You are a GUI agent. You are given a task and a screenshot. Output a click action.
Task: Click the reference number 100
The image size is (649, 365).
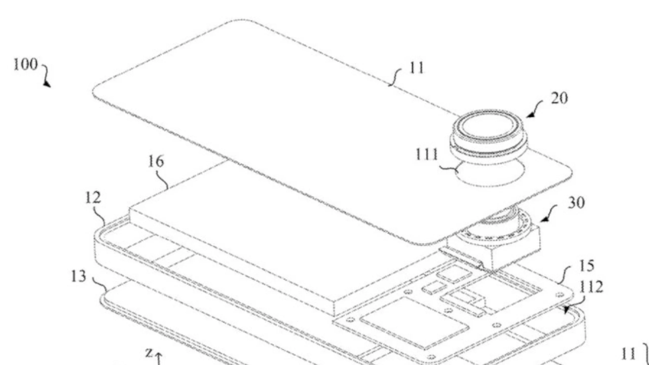25,64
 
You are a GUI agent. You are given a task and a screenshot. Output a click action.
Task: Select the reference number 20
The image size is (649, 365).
559,98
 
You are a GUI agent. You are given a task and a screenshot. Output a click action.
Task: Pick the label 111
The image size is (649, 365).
427,154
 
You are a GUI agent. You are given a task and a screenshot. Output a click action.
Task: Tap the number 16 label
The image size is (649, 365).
156,161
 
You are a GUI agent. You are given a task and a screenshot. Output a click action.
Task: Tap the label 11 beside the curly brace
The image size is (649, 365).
628,354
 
